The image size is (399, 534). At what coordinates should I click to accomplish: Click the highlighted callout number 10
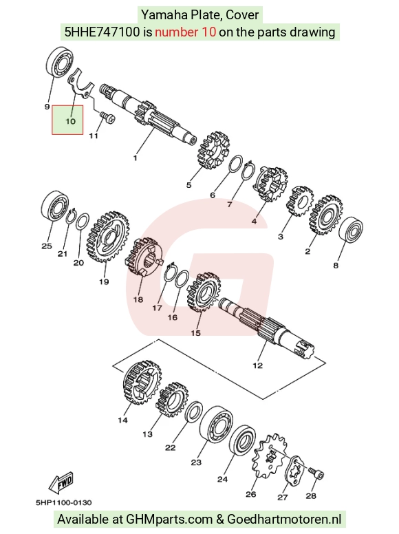(x=70, y=121)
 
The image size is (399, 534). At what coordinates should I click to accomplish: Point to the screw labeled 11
(x=107, y=118)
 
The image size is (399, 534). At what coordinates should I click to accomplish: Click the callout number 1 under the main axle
(x=135, y=158)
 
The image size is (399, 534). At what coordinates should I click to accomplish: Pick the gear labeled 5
(x=213, y=150)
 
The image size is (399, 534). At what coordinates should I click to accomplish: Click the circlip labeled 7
(x=248, y=169)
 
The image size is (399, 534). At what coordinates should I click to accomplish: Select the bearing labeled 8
(x=351, y=229)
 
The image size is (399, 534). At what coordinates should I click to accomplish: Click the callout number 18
(x=138, y=300)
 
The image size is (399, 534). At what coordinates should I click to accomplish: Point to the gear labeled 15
(x=204, y=292)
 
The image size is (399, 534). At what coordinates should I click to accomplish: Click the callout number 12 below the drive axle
(x=258, y=365)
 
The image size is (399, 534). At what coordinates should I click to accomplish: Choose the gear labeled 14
(x=142, y=382)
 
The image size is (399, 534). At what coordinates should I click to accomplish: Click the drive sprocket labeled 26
(x=270, y=456)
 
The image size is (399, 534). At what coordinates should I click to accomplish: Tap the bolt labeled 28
(x=316, y=473)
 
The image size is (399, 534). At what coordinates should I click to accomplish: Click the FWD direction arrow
(x=61, y=482)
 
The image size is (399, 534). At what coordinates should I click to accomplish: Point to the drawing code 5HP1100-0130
(x=64, y=502)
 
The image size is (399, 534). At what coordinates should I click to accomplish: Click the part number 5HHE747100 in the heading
(x=102, y=32)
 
